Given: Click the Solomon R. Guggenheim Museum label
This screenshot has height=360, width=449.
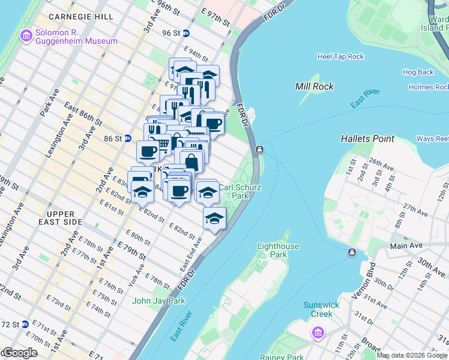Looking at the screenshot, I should point(76,36).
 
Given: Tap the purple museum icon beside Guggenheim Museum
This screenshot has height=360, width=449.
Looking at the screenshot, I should point(26,36).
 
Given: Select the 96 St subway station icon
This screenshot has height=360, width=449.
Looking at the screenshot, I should point(187,34).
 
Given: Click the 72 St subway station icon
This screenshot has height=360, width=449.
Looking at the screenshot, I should point(25,324).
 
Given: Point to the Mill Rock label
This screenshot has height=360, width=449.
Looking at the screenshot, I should point(314,86).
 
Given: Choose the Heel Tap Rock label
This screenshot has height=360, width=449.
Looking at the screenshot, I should point(340,56).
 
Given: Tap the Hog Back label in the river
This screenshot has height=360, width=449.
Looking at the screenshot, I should point(418,72).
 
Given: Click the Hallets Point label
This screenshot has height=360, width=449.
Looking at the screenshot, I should point(367,139).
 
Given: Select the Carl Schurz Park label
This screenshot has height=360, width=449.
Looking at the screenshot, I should point(240,191).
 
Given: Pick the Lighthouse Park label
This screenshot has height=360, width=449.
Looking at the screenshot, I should point(278,250).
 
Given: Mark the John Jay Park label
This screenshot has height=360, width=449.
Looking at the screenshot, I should point(159,301).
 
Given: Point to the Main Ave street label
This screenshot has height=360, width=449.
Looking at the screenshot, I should point(406,245).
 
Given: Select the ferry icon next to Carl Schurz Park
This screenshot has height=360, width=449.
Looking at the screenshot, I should point(259,150).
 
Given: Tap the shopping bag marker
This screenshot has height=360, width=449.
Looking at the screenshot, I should point(191,161).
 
